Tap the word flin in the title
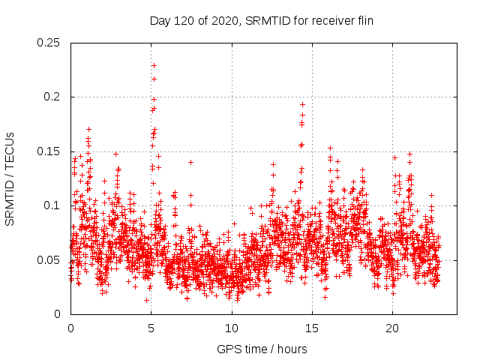click(362, 20)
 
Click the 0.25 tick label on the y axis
click(49, 43)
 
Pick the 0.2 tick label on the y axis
click(53, 97)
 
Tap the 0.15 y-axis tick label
click(49, 151)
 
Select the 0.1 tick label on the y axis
click(53, 205)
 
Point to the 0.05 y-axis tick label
click(49, 260)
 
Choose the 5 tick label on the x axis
click(151, 328)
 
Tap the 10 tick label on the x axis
click(232, 328)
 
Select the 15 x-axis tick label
click(312, 328)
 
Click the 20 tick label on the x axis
click(392, 328)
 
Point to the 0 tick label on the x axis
click(70, 328)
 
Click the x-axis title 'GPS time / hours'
click(262, 349)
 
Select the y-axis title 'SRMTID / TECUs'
click(10, 178)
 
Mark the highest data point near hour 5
click(154, 65)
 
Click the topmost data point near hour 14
click(302, 105)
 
